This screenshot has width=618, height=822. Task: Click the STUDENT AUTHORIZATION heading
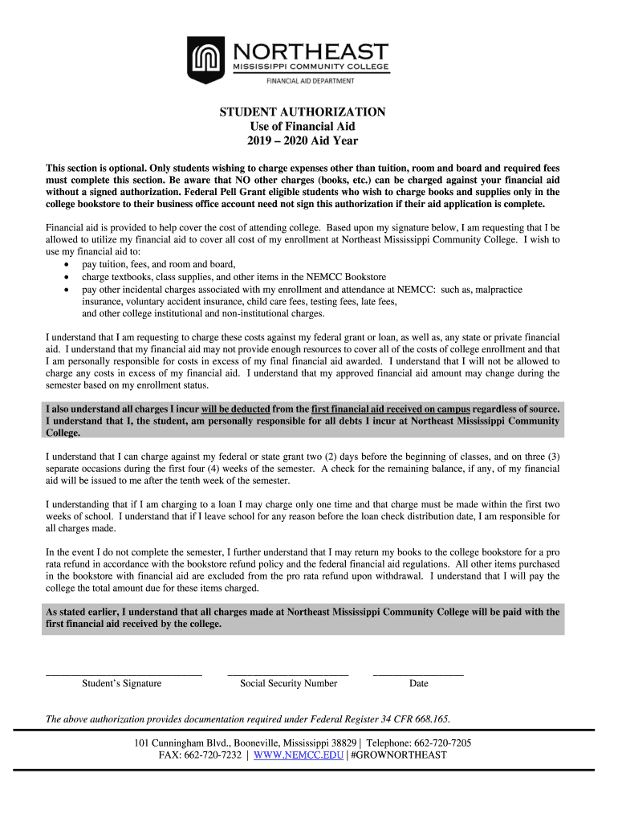[x=303, y=112]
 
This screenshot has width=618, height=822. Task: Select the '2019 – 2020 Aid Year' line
[x=303, y=141]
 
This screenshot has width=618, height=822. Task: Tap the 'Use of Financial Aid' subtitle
[x=303, y=127]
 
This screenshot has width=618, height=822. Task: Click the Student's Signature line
[x=124, y=673]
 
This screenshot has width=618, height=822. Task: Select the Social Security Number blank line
[x=288, y=673]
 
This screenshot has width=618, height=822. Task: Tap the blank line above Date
[x=418, y=673]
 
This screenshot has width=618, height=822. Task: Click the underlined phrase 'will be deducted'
[x=235, y=409]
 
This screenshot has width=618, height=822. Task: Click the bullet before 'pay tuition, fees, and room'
[x=65, y=265]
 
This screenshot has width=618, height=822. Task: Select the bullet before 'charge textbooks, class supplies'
[x=65, y=277]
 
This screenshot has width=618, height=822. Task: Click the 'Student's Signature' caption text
[x=121, y=684]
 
